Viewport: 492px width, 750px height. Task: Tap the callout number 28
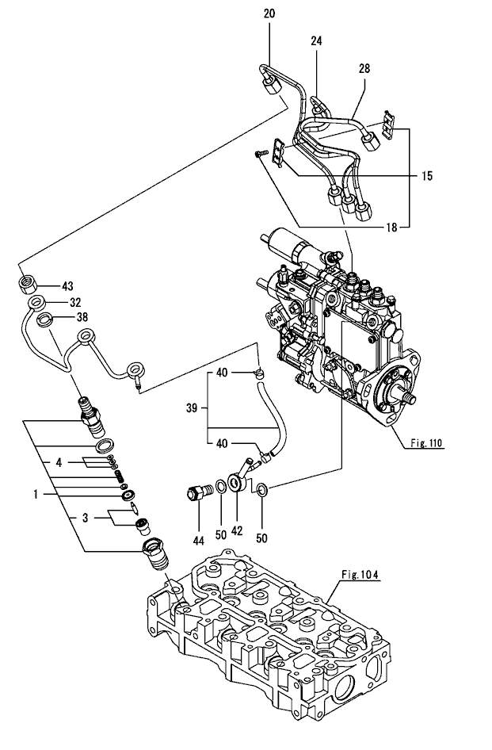tap(364, 69)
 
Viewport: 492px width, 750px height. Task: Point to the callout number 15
tap(426, 176)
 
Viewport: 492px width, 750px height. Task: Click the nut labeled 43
tap(29, 285)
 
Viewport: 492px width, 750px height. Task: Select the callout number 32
tap(75, 302)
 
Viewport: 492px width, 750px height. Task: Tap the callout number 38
tap(81, 317)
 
